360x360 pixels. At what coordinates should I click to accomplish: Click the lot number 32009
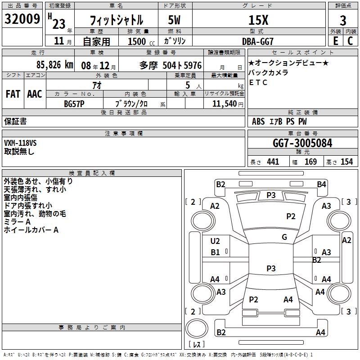(x=22, y=20)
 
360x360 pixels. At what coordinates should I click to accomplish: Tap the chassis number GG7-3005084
(x=303, y=144)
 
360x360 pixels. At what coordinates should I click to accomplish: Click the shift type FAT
(x=13, y=94)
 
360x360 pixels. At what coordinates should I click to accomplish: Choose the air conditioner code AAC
(x=35, y=94)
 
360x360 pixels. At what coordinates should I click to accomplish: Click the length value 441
(x=273, y=162)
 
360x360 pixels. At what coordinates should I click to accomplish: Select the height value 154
(x=346, y=162)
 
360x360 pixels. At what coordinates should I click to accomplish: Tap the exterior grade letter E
(x=335, y=41)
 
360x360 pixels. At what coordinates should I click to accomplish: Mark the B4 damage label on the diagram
(x=321, y=184)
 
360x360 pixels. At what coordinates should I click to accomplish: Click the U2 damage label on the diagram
(x=216, y=241)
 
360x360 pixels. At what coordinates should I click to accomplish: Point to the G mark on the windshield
(x=284, y=237)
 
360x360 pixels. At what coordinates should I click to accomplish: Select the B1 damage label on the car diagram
(x=216, y=252)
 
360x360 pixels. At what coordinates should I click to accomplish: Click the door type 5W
(x=175, y=21)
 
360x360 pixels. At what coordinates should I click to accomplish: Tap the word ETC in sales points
(x=258, y=82)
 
